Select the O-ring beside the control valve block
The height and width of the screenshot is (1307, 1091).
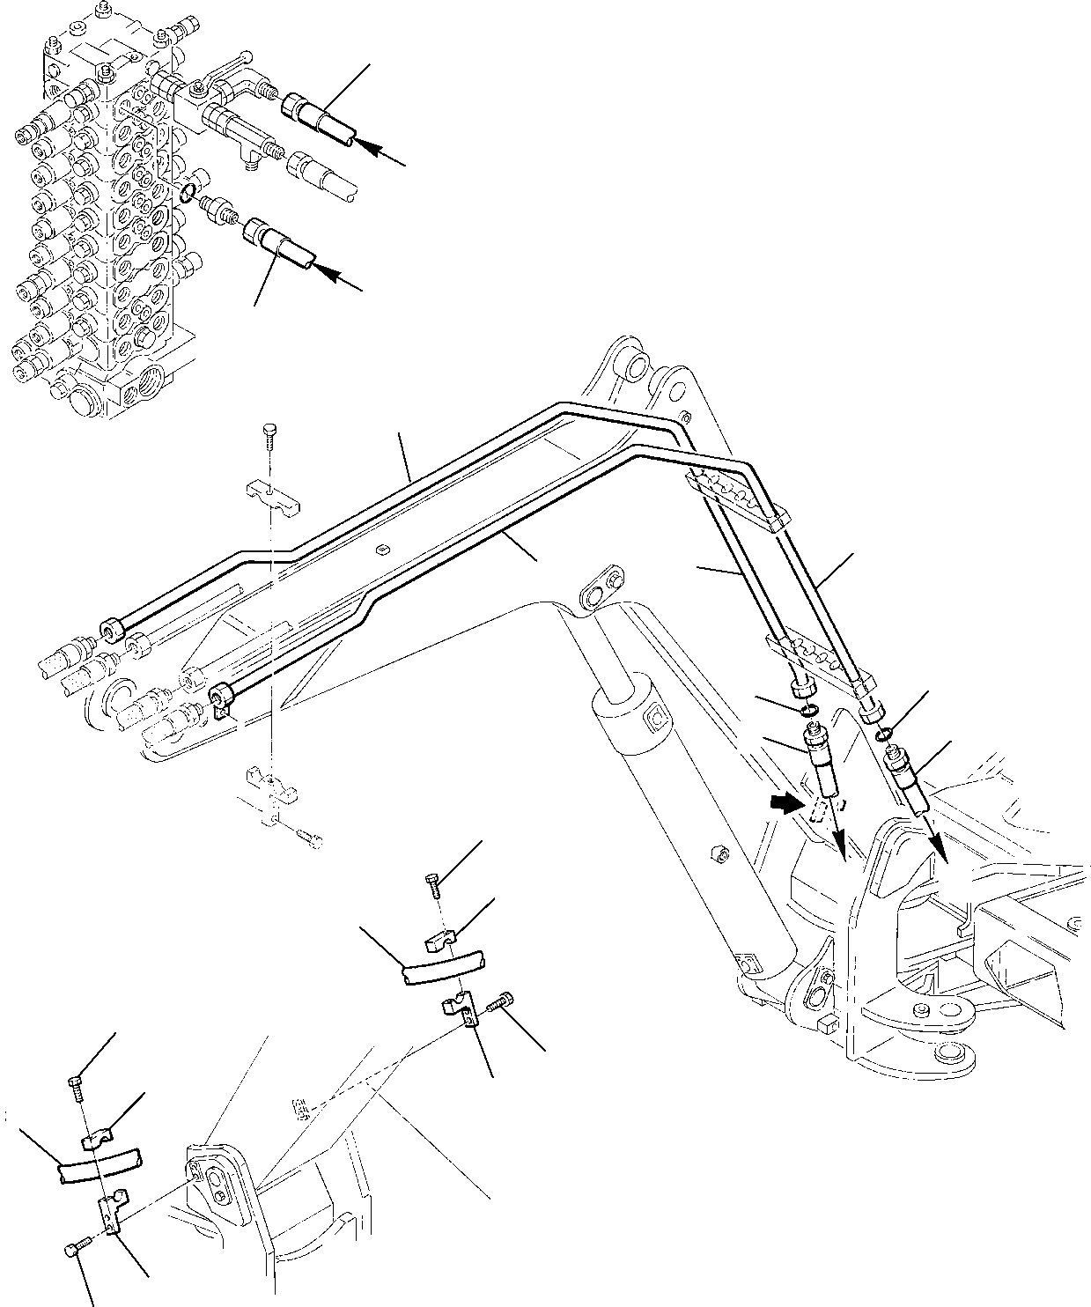click(187, 193)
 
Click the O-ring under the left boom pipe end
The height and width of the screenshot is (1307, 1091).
click(809, 711)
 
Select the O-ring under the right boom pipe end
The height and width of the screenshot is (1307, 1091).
click(886, 730)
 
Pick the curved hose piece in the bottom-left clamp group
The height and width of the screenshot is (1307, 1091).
click(99, 1165)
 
